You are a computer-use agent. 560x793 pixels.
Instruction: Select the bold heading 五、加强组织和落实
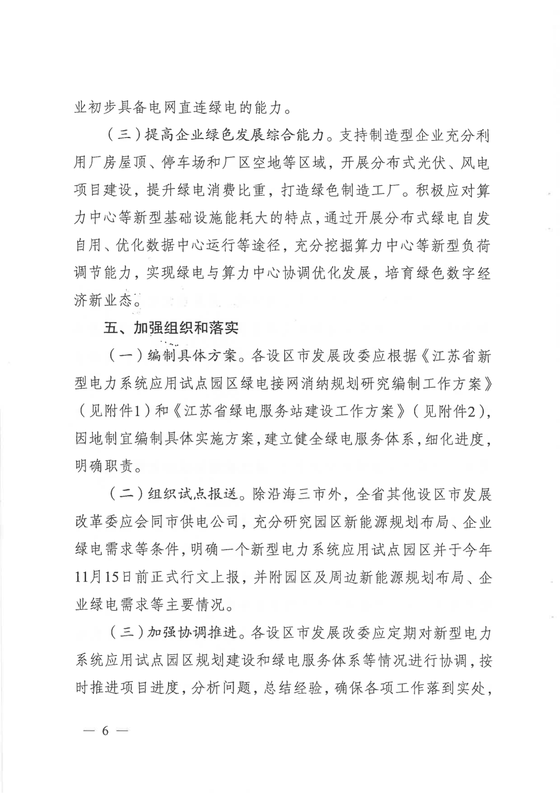171,328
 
